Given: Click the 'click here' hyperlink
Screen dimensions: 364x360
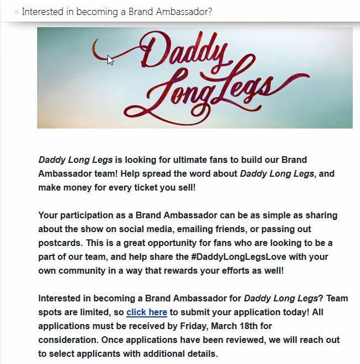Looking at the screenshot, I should click(146, 312).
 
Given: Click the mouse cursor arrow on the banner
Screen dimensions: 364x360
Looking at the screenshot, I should click(110, 60).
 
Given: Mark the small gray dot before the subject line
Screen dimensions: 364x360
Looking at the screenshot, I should click(17, 12).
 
